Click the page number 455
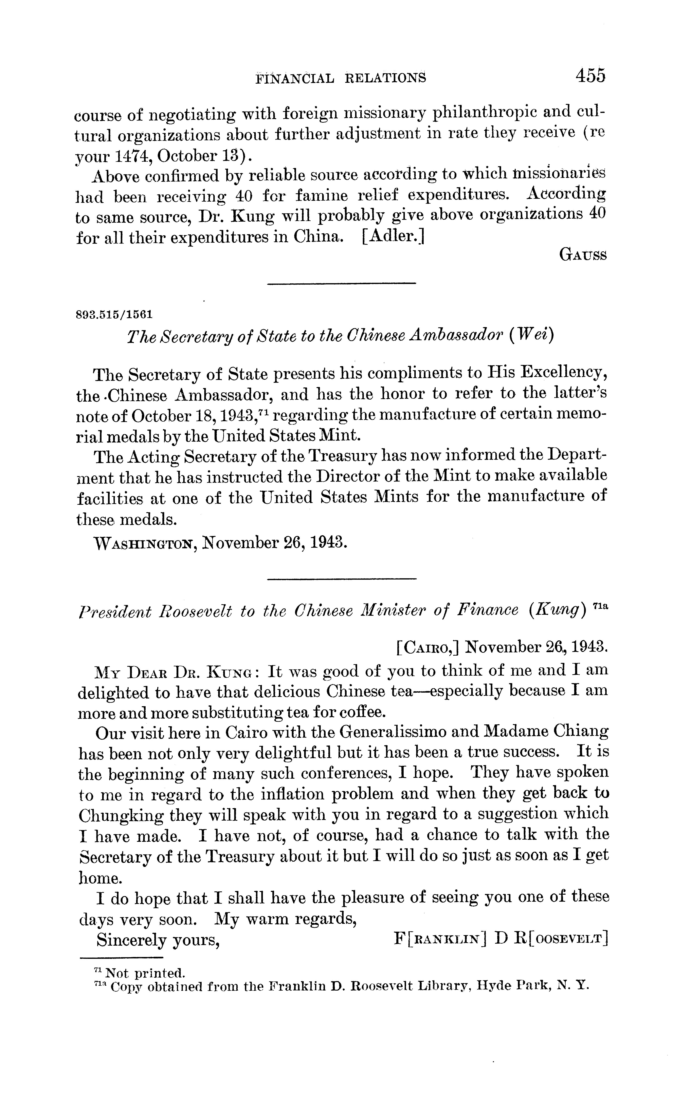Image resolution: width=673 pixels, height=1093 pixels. (590, 76)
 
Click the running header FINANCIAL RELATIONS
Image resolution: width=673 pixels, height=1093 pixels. (341, 78)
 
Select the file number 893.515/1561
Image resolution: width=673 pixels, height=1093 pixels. (114, 315)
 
